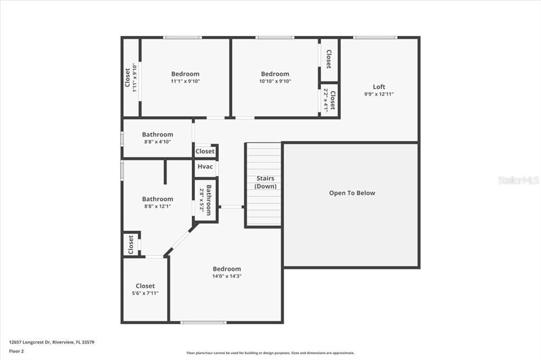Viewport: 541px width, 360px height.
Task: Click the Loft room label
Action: pyautogui.click(x=379, y=87)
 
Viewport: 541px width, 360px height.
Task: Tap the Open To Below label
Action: pyautogui.click(x=352, y=193)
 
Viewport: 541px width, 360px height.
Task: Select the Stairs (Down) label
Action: pyautogui.click(x=265, y=183)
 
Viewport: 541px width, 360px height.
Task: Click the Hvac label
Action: pyautogui.click(x=205, y=167)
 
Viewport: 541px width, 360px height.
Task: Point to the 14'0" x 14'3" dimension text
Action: pyautogui.click(x=227, y=276)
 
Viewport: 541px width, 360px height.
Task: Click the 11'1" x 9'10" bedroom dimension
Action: pyautogui.click(x=185, y=81)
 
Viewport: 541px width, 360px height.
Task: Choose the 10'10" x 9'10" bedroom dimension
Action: pyautogui.click(x=275, y=81)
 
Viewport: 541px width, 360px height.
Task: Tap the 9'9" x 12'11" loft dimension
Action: pyautogui.click(x=379, y=94)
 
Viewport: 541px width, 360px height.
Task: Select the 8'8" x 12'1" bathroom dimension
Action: pyautogui.click(x=157, y=206)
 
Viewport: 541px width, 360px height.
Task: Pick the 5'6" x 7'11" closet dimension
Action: pyautogui.click(x=145, y=293)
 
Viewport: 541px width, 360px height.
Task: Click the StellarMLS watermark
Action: pyautogui.click(x=518, y=181)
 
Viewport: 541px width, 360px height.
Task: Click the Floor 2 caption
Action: pyautogui.click(x=16, y=350)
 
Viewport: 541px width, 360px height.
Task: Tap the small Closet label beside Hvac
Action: pyautogui.click(x=205, y=151)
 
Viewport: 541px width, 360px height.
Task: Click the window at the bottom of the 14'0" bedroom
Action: pyautogui.click(x=203, y=322)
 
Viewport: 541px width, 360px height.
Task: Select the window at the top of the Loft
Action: pyautogui.click(x=375, y=37)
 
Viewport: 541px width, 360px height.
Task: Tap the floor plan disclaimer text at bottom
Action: pyautogui.click(x=270, y=353)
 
